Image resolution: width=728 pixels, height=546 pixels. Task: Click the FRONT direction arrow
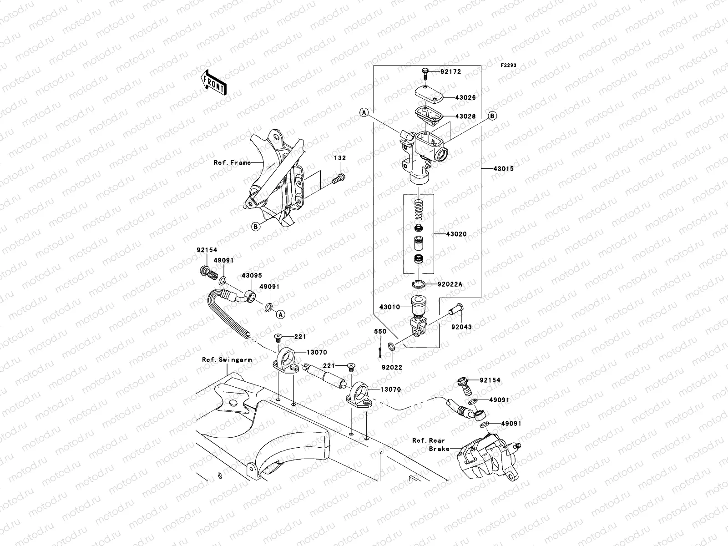click(214, 82)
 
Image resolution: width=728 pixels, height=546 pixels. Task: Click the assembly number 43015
click(503, 168)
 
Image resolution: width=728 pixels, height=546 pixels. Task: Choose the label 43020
click(456, 234)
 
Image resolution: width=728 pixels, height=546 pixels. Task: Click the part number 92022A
click(450, 284)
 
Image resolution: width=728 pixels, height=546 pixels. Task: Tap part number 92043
click(462, 327)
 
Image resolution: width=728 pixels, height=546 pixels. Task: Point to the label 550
click(380, 331)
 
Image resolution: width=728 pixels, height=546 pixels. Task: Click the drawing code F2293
click(509, 66)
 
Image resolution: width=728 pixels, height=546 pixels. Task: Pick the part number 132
click(340, 158)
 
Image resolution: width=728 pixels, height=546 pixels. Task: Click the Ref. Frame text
click(232, 162)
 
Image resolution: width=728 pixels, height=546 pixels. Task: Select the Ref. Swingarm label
click(227, 360)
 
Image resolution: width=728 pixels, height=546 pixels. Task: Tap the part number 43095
click(252, 276)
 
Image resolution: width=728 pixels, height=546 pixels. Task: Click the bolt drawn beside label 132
click(340, 179)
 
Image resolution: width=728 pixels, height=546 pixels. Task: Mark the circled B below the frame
click(256, 226)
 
